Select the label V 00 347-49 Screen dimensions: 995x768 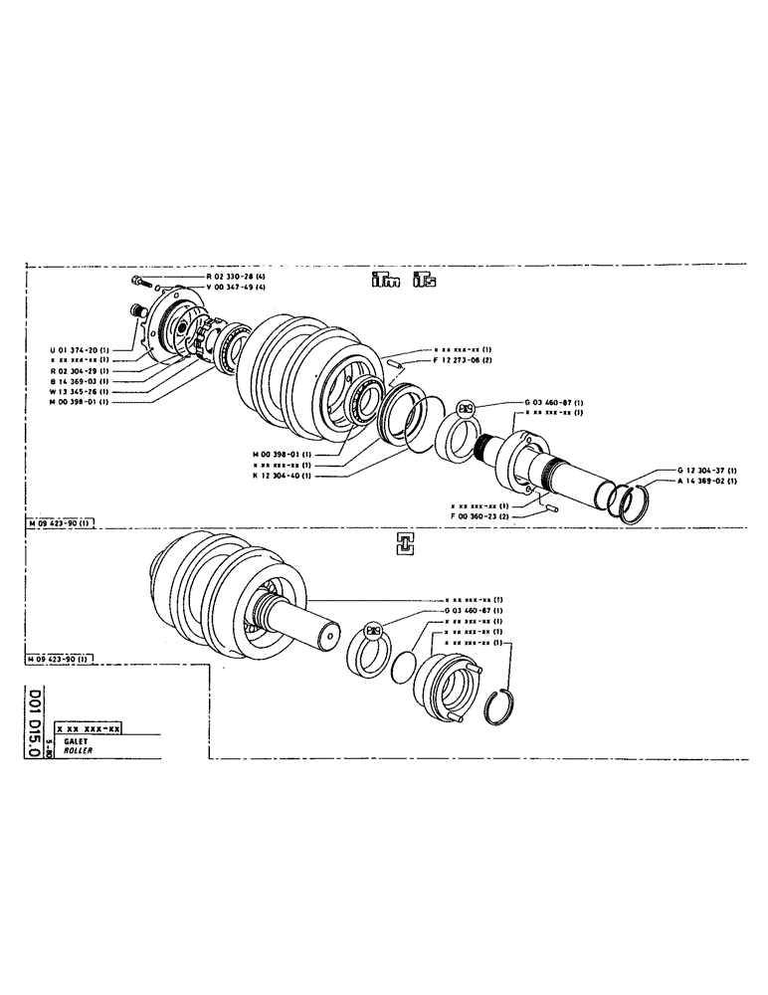(x=235, y=287)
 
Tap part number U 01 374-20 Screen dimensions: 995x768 (x=81, y=349)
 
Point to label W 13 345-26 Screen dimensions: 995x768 (x=81, y=391)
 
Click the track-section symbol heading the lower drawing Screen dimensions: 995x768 (x=404, y=542)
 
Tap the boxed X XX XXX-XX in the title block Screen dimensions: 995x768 (x=89, y=729)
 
